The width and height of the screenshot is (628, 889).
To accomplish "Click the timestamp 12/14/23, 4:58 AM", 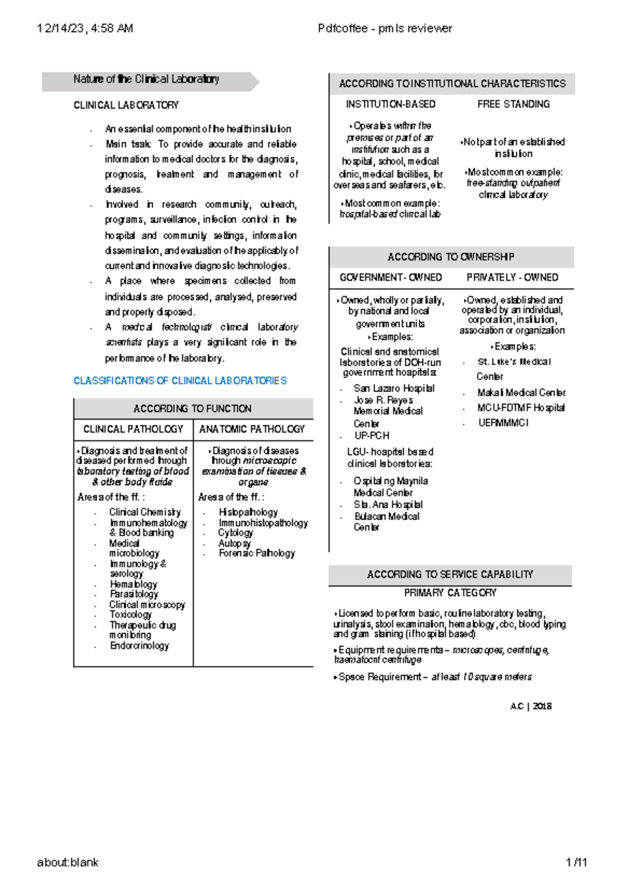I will click(x=85, y=28).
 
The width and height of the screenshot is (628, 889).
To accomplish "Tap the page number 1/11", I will click(x=576, y=862).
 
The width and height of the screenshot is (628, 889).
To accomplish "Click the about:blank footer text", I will click(x=68, y=862).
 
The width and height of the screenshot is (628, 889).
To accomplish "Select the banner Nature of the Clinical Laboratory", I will click(x=146, y=79).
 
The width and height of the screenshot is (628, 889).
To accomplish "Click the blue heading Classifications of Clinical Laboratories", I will click(x=180, y=381).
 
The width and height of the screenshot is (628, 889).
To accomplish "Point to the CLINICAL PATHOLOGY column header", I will click(x=133, y=429).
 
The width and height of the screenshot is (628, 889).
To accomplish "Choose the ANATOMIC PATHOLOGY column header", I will click(x=252, y=429).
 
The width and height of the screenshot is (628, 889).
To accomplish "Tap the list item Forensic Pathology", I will click(x=256, y=553).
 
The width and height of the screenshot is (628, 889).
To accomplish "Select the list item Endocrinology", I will click(x=139, y=646).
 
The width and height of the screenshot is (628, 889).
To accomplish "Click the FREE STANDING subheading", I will click(x=513, y=105).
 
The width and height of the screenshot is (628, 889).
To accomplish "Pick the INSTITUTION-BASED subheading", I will click(x=390, y=105).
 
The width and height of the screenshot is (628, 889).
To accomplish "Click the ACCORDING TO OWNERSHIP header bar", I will click(x=451, y=257).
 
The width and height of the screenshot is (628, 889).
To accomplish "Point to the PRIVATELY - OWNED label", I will click(x=512, y=278).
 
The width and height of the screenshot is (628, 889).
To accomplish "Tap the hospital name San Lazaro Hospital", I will click(x=394, y=389).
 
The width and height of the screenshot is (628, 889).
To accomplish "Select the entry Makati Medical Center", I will click(x=521, y=393).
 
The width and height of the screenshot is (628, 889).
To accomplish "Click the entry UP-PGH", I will click(x=372, y=436).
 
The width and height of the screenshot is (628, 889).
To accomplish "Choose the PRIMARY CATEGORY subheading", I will click(x=450, y=593).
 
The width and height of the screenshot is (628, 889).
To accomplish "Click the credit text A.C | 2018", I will click(x=531, y=706).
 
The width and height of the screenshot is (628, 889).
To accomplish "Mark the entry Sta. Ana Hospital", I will click(x=388, y=505).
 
